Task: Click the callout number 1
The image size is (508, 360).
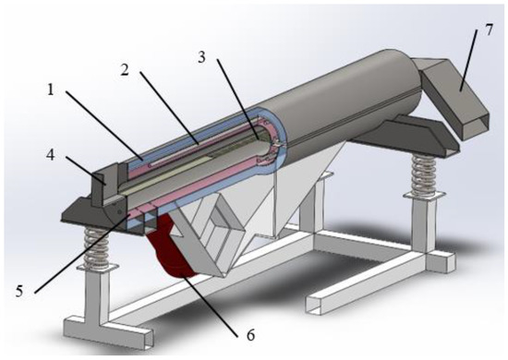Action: tap(51, 90)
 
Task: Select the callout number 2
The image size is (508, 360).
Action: tap(125, 69)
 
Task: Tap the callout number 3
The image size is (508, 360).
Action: tap(201, 57)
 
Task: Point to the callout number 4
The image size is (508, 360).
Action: tap(51, 155)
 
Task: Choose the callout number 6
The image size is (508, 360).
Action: tap(250, 335)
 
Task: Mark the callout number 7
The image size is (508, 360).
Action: tap(489, 30)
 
